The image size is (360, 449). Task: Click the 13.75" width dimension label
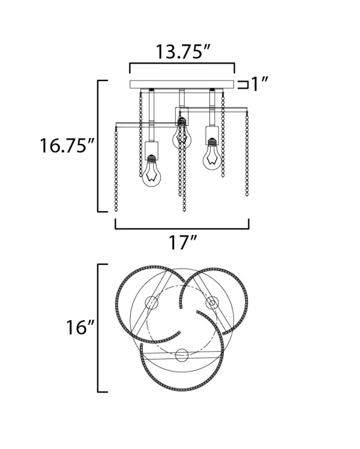tap(182, 52)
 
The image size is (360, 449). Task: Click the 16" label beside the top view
tap(80, 328)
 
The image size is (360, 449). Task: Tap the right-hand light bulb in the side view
tap(211, 156)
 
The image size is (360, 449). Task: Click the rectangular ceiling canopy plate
tap(182, 84)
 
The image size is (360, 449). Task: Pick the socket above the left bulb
tap(151, 148)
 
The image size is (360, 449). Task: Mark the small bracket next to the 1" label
tap(243, 84)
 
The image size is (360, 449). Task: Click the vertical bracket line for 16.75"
tap(98, 146)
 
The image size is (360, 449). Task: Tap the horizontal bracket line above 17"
tap(182, 228)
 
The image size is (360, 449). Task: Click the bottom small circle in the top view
tap(182, 354)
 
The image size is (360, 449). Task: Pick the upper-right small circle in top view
tap(211, 304)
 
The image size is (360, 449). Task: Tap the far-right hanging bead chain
tap(247, 156)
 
